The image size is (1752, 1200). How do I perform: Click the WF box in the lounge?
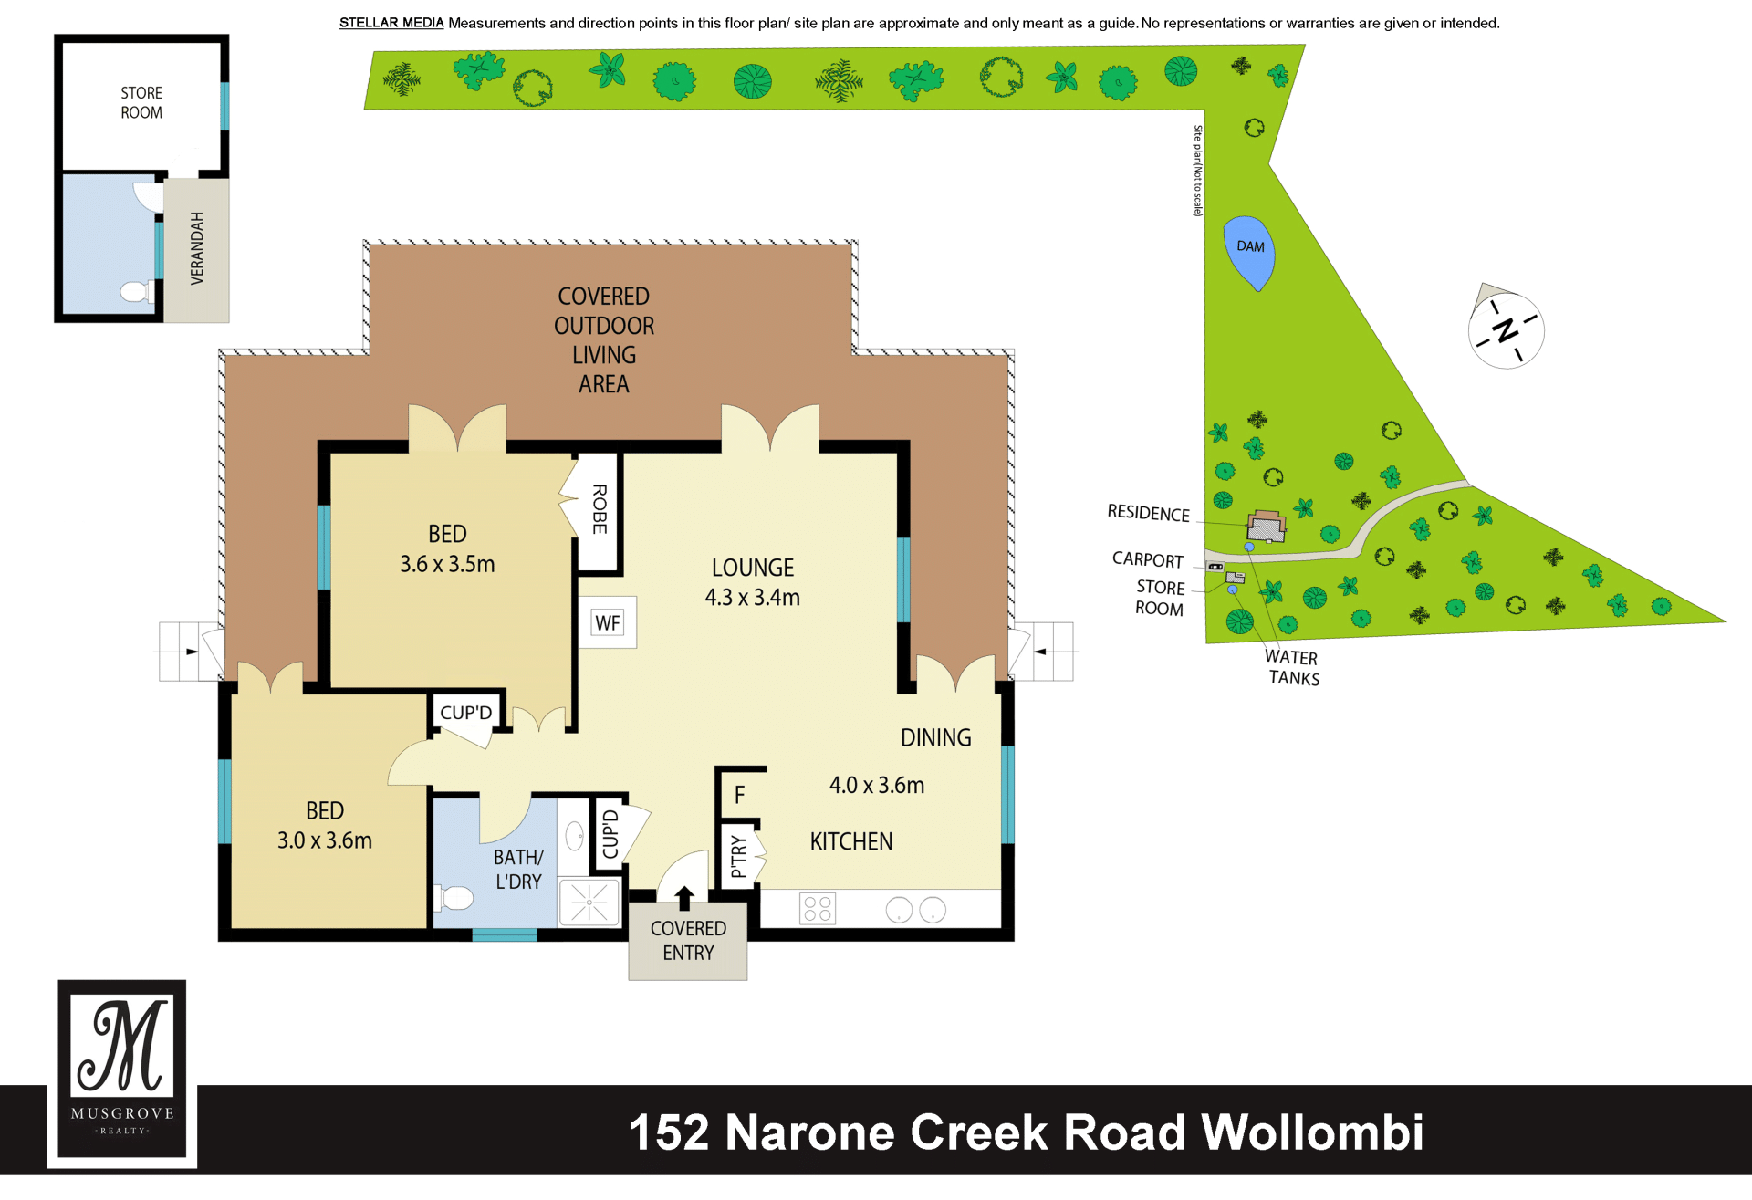pos(608,622)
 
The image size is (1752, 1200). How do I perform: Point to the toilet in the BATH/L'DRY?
pos(454,898)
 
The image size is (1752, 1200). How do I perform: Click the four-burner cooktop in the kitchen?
pos(817,909)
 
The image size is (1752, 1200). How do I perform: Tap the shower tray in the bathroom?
pos(589,903)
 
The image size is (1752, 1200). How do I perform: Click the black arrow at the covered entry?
pos(684,898)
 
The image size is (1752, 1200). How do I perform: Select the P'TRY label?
pos(738,855)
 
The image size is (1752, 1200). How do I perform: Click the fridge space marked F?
pos(739,795)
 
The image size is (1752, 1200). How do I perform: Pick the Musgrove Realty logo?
pos(122,1073)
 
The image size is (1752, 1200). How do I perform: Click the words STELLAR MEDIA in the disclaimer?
pos(391,23)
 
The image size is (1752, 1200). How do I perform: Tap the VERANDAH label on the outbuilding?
pos(197,248)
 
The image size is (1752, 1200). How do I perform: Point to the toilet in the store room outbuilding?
pos(136,292)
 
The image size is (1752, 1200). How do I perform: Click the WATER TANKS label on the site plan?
pos(1293,667)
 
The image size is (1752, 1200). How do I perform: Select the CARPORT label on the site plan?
pos(1148,559)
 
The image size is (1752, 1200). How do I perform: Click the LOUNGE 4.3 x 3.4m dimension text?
pos(753,582)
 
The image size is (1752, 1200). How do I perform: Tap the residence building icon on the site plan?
pos(1267,526)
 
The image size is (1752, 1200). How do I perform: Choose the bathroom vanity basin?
pos(575,835)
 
